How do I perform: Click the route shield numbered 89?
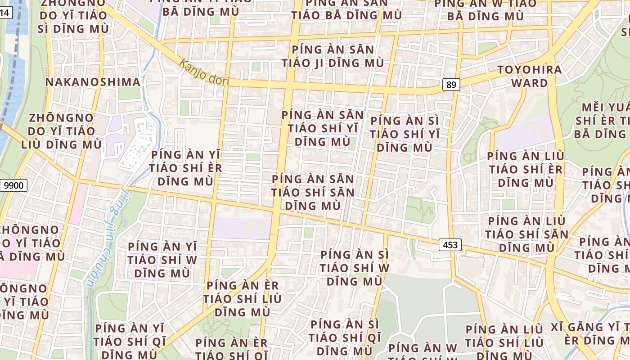tap(450, 84)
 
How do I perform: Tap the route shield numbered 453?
tap(450, 245)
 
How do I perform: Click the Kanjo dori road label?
tap(204, 72)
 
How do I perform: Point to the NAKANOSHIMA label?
tap(93, 82)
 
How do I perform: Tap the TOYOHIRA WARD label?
tap(530, 76)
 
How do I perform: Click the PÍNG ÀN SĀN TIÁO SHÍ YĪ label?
tap(322, 128)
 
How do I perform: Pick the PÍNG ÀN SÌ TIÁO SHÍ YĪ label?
tap(404, 134)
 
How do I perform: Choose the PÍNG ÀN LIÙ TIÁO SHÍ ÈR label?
tap(526, 169)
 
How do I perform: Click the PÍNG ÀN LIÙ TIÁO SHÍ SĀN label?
tap(526, 234)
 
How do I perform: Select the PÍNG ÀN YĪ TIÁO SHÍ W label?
tap(162, 260)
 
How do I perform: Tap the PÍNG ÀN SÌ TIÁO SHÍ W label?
tap(355, 268)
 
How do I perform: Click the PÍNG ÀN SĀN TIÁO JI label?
tap(333, 56)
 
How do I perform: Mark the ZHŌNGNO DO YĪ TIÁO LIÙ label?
tap(61, 131)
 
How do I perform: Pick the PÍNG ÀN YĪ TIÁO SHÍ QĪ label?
tap(130, 341)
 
